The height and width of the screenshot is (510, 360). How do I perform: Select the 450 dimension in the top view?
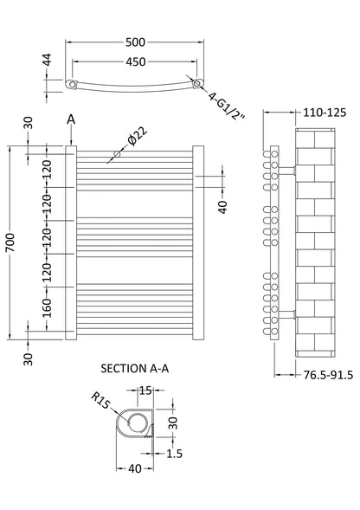pyautogui.click(x=136, y=61)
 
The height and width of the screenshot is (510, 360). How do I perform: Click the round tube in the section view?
pyautogui.click(x=138, y=423)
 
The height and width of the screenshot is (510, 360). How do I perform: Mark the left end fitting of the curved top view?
pyautogui.click(x=73, y=84)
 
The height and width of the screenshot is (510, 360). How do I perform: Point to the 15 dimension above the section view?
pyautogui.click(x=144, y=391)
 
